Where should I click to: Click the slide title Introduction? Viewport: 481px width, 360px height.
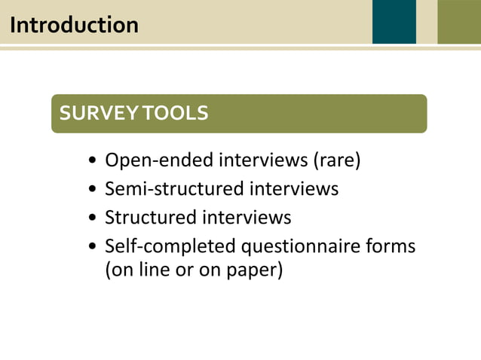click(74, 25)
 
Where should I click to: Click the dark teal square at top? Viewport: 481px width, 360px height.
click(394, 21)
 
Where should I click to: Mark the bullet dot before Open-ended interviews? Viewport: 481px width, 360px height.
click(92, 161)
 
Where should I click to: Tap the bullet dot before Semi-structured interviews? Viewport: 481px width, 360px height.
click(92, 190)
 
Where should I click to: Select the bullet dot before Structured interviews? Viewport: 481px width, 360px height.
click(92, 218)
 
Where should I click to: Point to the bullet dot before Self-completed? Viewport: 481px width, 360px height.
click(92, 247)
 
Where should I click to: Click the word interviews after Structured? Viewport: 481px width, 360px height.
click(246, 218)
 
